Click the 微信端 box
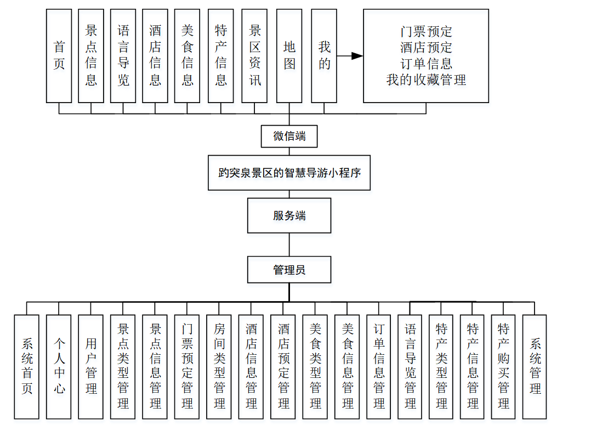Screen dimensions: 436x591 point(289,136)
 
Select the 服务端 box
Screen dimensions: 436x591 point(289,216)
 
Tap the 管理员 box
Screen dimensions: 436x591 point(289,270)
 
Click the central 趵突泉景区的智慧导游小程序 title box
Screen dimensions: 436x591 point(289,173)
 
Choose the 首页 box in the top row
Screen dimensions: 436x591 point(59,56)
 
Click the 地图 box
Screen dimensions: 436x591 point(289,56)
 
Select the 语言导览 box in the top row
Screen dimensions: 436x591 point(123,56)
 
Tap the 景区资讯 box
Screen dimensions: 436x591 point(254,56)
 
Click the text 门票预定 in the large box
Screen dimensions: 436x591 point(426,32)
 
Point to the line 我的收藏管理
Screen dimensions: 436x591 point(426,80)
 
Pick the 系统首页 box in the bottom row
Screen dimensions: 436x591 point(27,366)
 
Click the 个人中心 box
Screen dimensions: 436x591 point(59,366)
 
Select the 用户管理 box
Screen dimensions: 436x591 point(91,366)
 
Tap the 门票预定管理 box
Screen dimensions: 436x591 point(187,366)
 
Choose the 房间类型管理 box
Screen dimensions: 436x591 point(219,366)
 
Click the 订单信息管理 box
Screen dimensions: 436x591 point(379,366)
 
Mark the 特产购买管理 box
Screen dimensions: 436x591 point(503,366)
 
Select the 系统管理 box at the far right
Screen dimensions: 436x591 point(535,366)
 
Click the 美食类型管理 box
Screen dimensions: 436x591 point(315,366)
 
